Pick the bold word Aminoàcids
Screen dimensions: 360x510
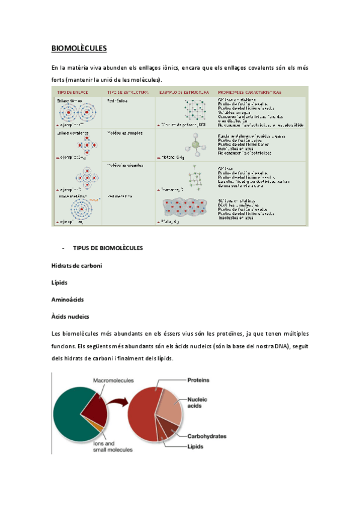tap(68, 298)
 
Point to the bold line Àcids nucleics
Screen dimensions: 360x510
tap(70, 315)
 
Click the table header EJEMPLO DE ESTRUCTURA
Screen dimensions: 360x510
tap(184, 92)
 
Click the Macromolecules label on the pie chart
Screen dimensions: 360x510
tap(114, 380)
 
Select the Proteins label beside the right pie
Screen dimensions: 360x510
tap(198, 380)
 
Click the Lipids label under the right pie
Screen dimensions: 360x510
tap(195, 447)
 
